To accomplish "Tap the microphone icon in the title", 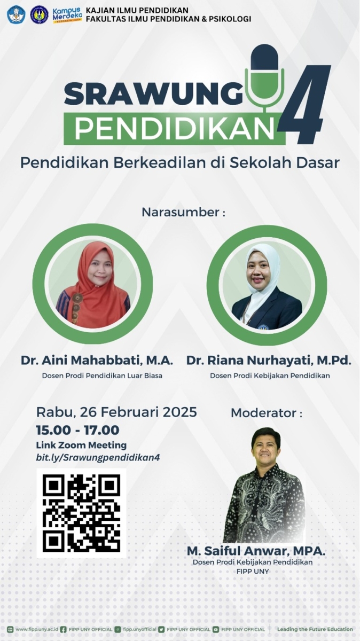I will [264, 75].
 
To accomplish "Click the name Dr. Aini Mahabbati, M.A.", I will [97, 361].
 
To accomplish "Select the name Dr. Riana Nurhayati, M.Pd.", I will [269, 361].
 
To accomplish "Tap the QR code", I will [81, 513].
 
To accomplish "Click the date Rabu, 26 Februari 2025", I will [116, 412].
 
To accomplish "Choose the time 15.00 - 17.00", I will [77, 430].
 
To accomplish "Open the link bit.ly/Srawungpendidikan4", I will [98, 457].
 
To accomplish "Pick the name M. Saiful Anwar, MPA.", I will [256, 551].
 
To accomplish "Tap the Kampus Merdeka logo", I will [67, 14].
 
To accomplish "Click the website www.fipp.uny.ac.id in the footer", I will [33, 629].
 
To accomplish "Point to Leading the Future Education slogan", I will [315, 629].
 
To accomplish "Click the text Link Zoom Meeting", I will [81, 445].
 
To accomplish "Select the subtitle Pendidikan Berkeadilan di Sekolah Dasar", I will [180, 163].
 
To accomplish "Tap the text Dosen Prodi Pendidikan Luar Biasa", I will [102, 376].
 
